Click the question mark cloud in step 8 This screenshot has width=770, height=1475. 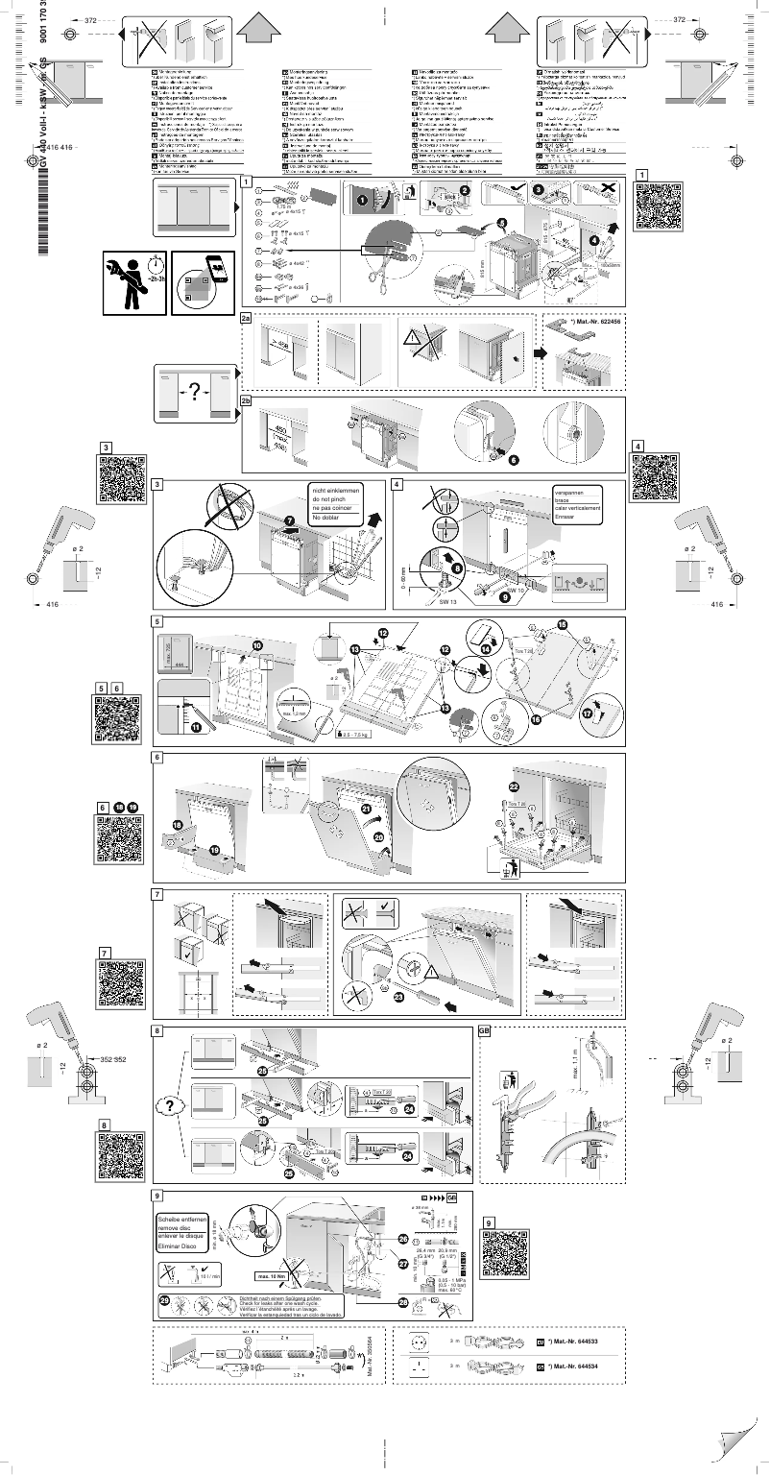click(x=169, y=1105)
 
